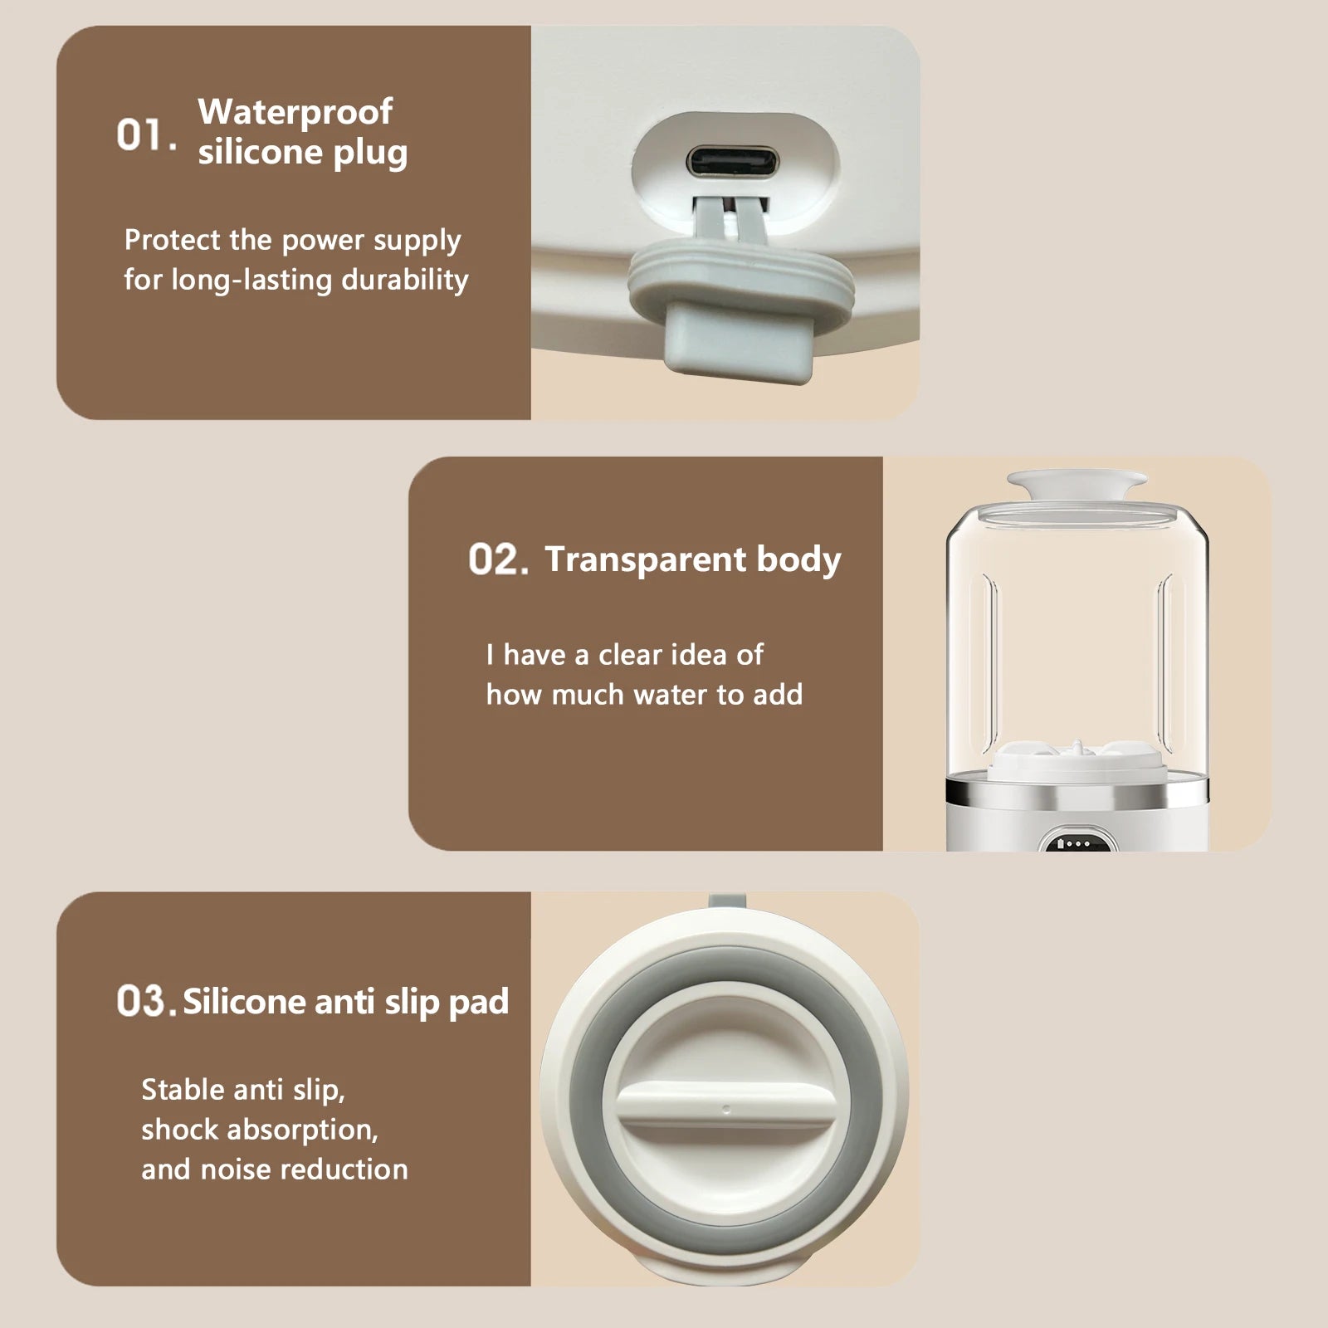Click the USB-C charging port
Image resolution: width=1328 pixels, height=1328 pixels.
pos(734,162)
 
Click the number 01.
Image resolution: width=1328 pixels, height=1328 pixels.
pos(145,134)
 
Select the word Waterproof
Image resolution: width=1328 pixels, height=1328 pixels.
pos(295,112)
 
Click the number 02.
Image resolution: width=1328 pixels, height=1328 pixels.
pos(497,559)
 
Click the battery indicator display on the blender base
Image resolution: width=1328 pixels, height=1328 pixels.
pos(1077,842)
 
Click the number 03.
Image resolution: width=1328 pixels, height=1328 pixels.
pos(145,1001)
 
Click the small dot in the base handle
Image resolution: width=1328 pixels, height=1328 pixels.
pos(727,1109)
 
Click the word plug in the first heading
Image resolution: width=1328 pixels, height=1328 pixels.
pos(370,154)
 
